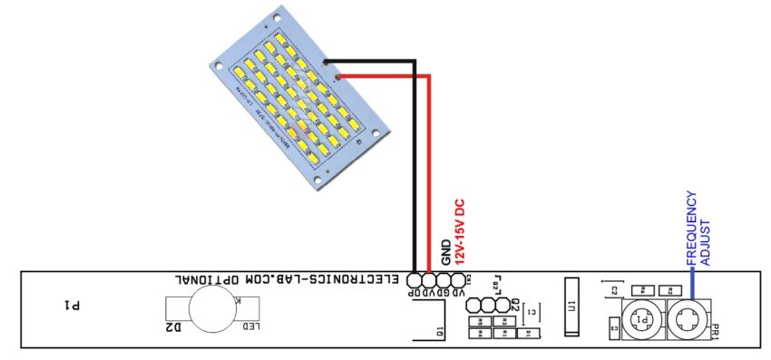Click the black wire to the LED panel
(x=415, y=163)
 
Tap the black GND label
(x=446, y=253)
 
